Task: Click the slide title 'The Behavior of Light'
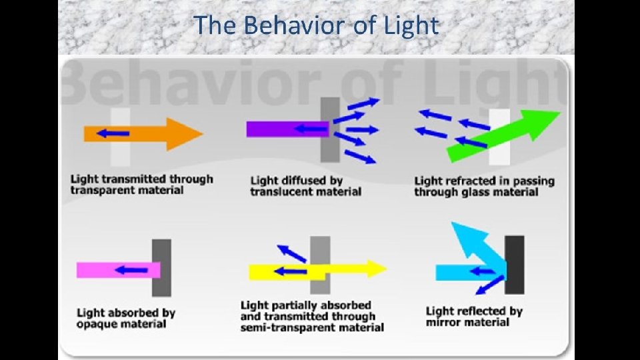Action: [317, 26]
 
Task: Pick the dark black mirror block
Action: [514, 264]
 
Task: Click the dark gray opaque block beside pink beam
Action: [161, 267]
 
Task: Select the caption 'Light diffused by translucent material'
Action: [305, 186]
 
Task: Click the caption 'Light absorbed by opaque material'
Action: [126, 318]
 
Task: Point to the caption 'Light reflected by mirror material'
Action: [474, 316]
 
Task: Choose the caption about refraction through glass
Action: [484, 186]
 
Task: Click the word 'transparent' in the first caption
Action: [99, 191]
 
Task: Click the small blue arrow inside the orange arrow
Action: [112, 133]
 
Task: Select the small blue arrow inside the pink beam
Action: [131, 270]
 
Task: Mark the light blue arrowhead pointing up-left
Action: [461, 234]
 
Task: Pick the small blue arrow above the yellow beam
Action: [291, 253]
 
